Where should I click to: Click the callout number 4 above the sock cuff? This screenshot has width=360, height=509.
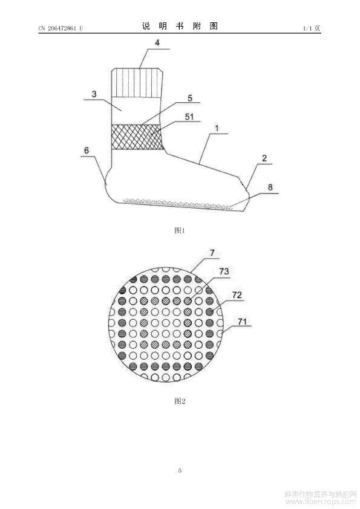[x=157, y=43]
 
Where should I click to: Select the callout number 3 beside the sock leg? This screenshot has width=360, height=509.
[x=94, y=94]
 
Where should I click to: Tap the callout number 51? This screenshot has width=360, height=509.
[x=189, y=117]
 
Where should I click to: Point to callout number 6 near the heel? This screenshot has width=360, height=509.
[x=87, y=151]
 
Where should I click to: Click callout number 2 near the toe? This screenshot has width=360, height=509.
[x=264, y=158]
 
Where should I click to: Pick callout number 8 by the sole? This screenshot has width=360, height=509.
[x=270, y=187]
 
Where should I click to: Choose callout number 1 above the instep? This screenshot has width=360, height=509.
[x=217, y=128]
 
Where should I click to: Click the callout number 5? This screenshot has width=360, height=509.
[x=190, y=98]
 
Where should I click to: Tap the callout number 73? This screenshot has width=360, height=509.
[x=224, y=271]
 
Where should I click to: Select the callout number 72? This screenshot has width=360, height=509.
[x=237, y=295]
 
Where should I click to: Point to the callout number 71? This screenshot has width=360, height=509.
[x=242, y=322]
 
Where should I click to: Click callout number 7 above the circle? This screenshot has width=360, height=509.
[x=212, y=253]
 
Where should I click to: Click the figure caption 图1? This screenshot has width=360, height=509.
[x=180, y=230]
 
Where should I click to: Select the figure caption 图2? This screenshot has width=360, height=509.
[x=180, y=401]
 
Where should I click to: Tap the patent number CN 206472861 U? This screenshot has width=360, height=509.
[x=61, y=28]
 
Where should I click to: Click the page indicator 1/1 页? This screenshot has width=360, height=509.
[x=312, y=28]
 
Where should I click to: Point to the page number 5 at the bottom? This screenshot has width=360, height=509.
[x=180, y=470]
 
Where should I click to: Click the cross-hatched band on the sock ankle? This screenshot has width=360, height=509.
[x=137, y=137]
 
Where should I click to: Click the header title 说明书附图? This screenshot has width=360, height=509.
[x=180, y=26]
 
